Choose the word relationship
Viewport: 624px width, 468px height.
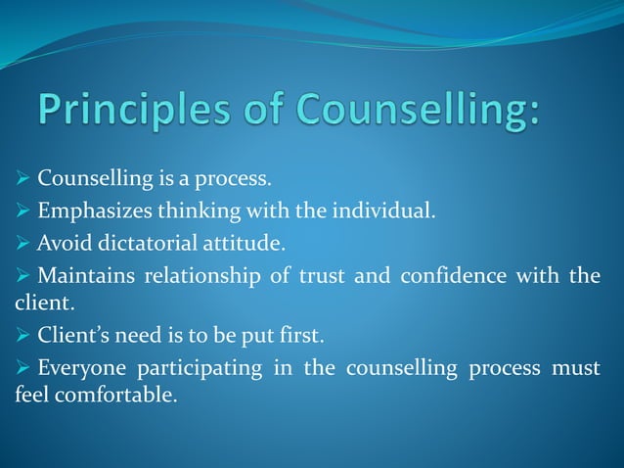pos(201,276)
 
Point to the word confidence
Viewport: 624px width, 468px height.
pos(444,276)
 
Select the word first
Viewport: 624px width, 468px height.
pos(299,336)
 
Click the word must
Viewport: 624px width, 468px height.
pos(576,370)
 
